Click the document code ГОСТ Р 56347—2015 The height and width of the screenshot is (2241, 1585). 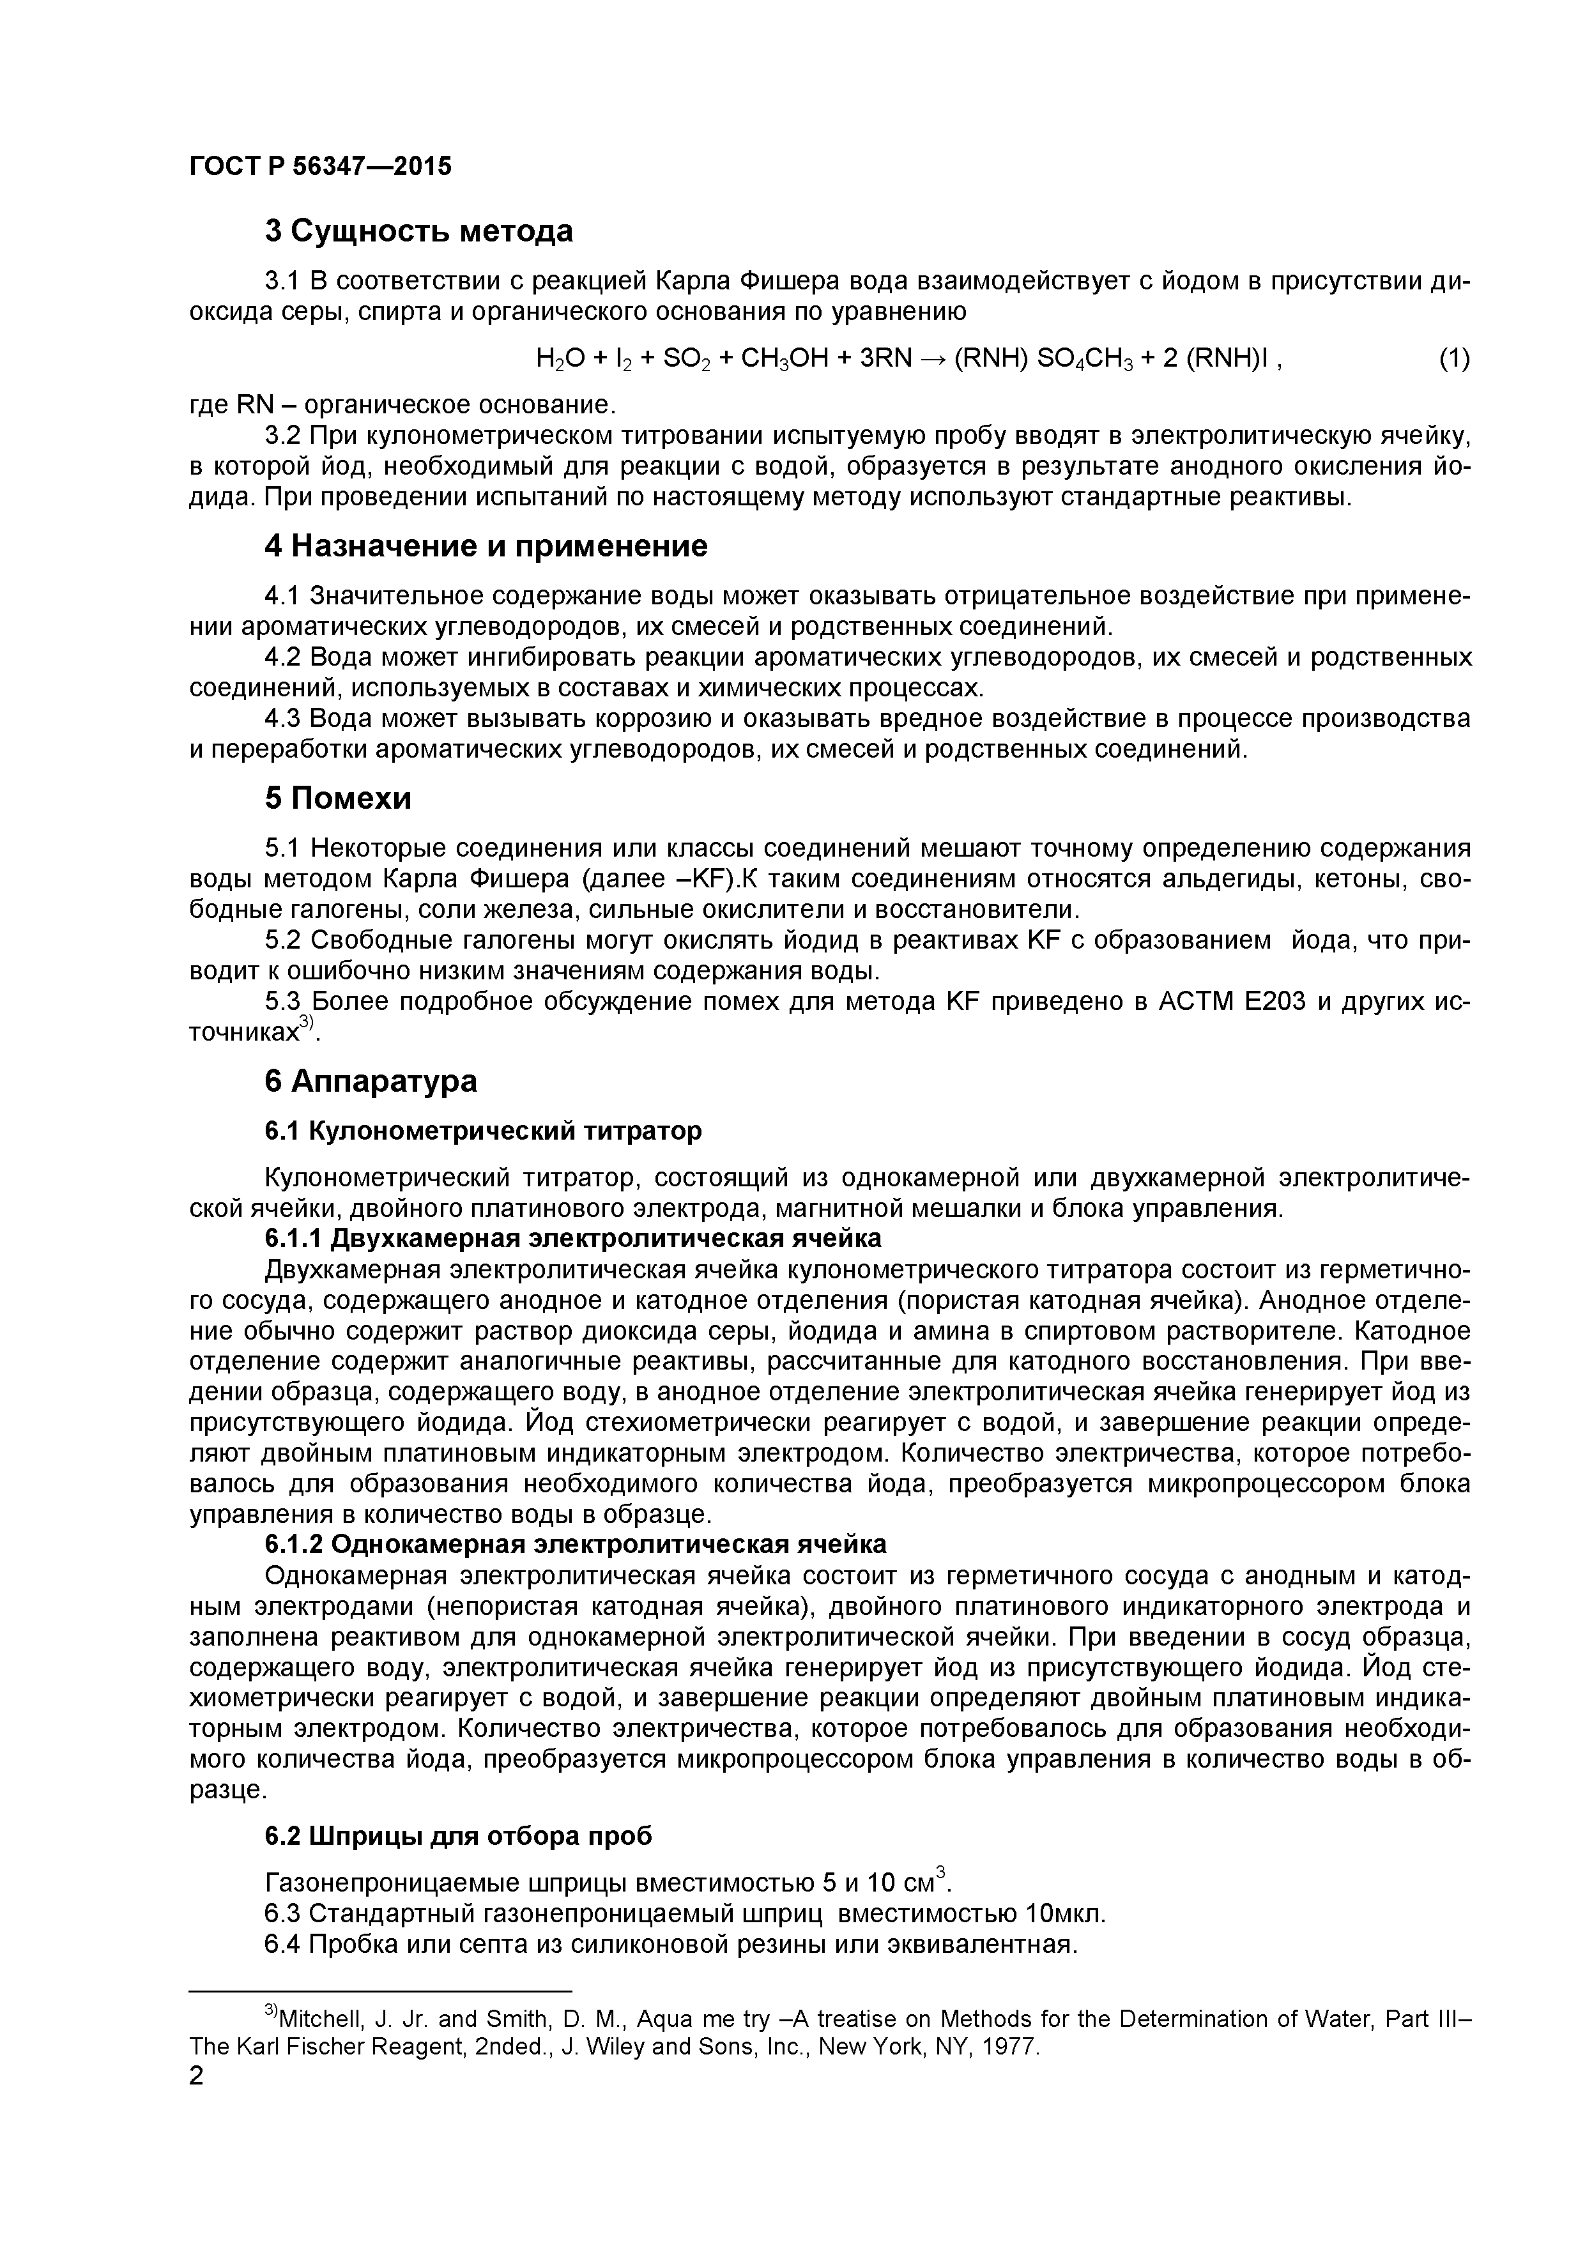coord(320,166)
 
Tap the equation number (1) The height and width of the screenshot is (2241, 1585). coord(1453,358)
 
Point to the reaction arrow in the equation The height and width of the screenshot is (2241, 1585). coord(931,358)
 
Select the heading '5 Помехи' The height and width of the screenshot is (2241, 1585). coord(338,799)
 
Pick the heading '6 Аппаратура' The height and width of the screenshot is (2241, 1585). coord(371,1082)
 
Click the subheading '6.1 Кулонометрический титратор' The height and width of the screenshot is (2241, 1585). coord(483,1130)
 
